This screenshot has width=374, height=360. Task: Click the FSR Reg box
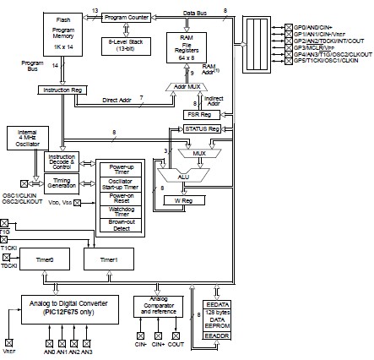pos(203,114)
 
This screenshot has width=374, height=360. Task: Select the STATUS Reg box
pos(203,128)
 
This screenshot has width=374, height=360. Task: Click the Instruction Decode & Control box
pos(60,161)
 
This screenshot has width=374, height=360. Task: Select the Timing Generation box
pos(60,183)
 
